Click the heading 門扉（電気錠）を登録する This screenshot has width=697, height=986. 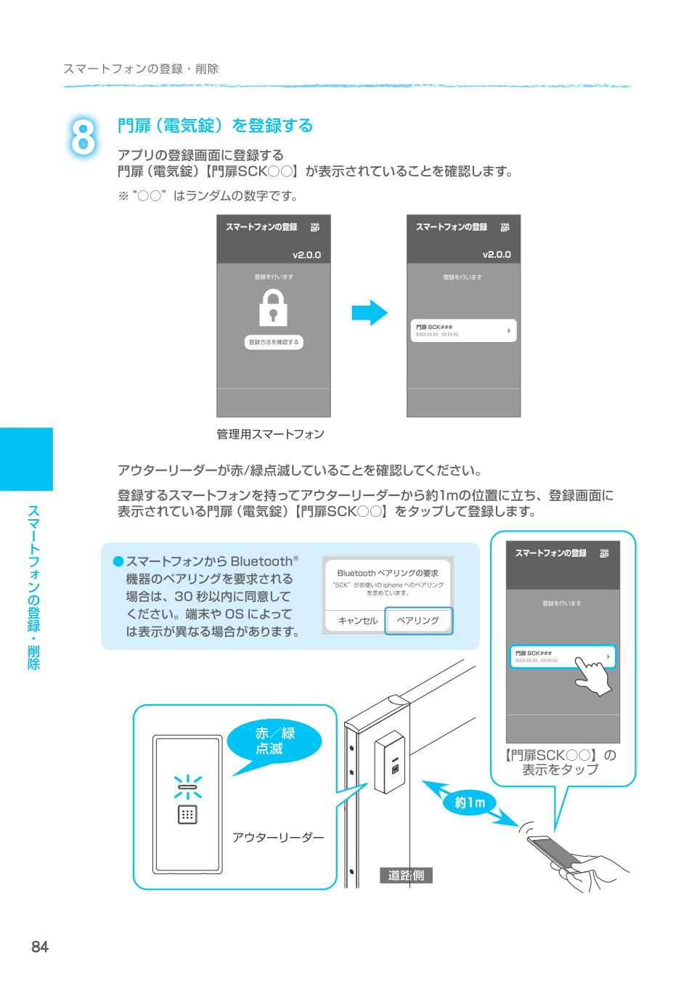pyautogui.click(x=215, y=126)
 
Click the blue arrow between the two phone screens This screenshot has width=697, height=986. pyautogui.click(x=370, y=313)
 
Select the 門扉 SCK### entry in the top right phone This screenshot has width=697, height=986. pyautogui.click(x=462, y=330)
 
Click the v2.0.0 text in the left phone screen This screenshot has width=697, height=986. pyautogui.click(x=306, y=256)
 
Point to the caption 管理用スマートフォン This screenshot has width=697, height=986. pyautogui.click(x=270, y=434)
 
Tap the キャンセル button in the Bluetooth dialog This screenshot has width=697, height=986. pyautogui.click(x=357, y=621)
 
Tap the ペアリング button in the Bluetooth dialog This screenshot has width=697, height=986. pyautogui.click(x=418, y=621)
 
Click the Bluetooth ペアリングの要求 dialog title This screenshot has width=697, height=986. pyautogui.click(x=387, y=573)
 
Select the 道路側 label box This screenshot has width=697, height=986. pyautogui.click(x=405, y=876)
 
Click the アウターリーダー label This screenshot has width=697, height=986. pyautogui.click(x=277, y=838)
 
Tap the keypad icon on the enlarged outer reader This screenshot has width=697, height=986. pyautogui.click(x=187, y=815)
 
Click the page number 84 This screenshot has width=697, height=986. pyautogui.click(x=39, y=946)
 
